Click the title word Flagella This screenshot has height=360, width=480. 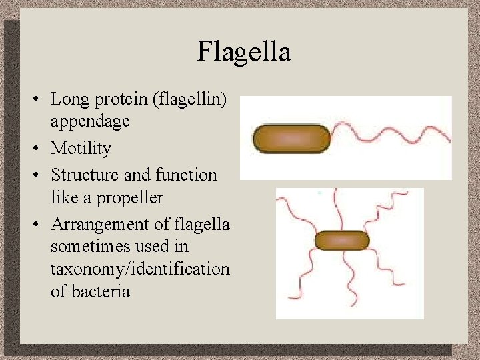(x=243, y=51)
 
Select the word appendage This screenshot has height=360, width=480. (x=90, y=121)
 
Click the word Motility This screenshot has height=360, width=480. (x=81, y=148)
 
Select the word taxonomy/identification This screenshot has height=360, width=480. (x=140, y=269)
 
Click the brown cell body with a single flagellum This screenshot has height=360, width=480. (x=292, y=139)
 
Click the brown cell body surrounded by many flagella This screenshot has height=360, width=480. (x=342, y=240)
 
